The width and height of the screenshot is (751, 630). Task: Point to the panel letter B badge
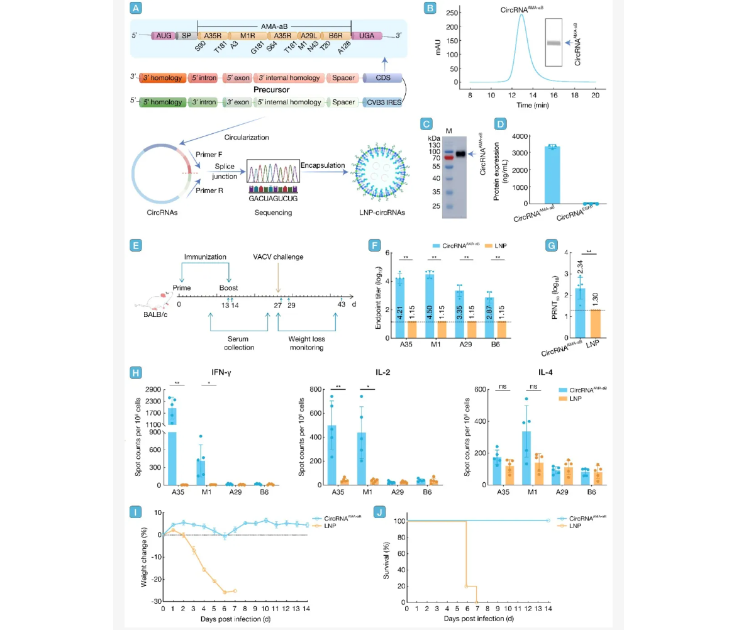pyautogui.click(x=430, y=9)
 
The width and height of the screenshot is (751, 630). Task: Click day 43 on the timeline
pyautogui.click(x=342, y=304)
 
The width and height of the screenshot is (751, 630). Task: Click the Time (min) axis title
pyautogui.click(x=532, y=104)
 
